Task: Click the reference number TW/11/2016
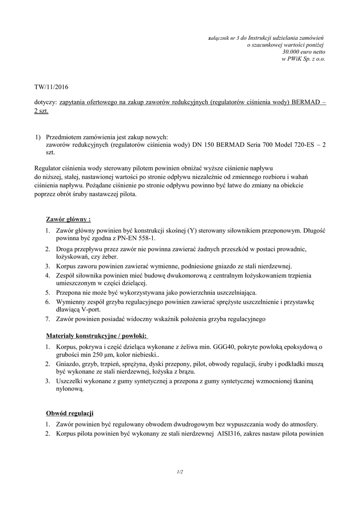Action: click(x=51, y=87)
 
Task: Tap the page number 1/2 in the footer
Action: click(x=180, y=472)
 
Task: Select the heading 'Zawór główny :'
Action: click(x=68, y=219)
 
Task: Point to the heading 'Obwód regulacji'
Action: click(x=70, y=414)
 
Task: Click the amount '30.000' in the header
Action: click(x=290, y=52)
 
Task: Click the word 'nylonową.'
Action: click(x=70, y=390)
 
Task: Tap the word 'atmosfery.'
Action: click(x=301, y=424)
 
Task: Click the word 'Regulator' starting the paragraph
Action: click(x=49, y=169)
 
